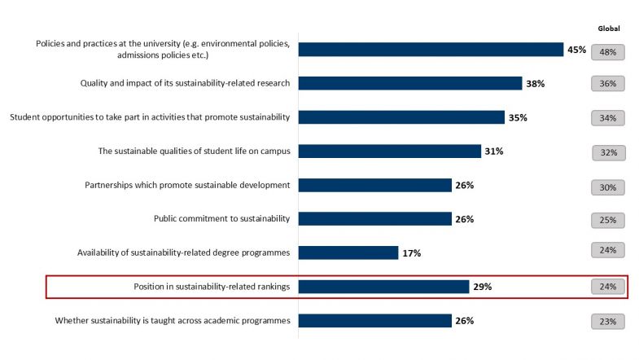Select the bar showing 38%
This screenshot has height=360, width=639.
point(410,83)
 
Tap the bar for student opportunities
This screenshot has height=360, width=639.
point(401,117)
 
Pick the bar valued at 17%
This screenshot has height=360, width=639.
point(348,252)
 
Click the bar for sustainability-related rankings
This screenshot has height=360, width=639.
point(383,287)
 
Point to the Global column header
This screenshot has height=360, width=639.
point(609,28)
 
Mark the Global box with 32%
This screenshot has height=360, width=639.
point(609,152)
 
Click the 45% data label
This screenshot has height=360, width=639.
point(576,50)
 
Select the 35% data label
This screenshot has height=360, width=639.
point(517,117)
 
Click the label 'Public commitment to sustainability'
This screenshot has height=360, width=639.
point(221,218)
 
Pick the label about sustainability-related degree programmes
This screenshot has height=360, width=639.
point(183,252)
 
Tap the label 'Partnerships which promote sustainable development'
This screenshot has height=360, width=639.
point(187,185)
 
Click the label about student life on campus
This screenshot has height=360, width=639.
point(194,151)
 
